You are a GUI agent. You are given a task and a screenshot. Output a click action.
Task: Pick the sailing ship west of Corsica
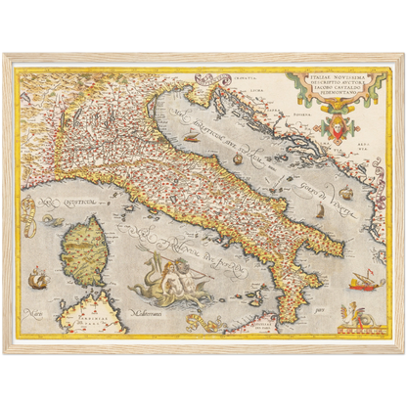[x=37, y=281]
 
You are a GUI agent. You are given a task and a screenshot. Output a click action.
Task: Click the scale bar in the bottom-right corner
[x=357, y=326]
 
